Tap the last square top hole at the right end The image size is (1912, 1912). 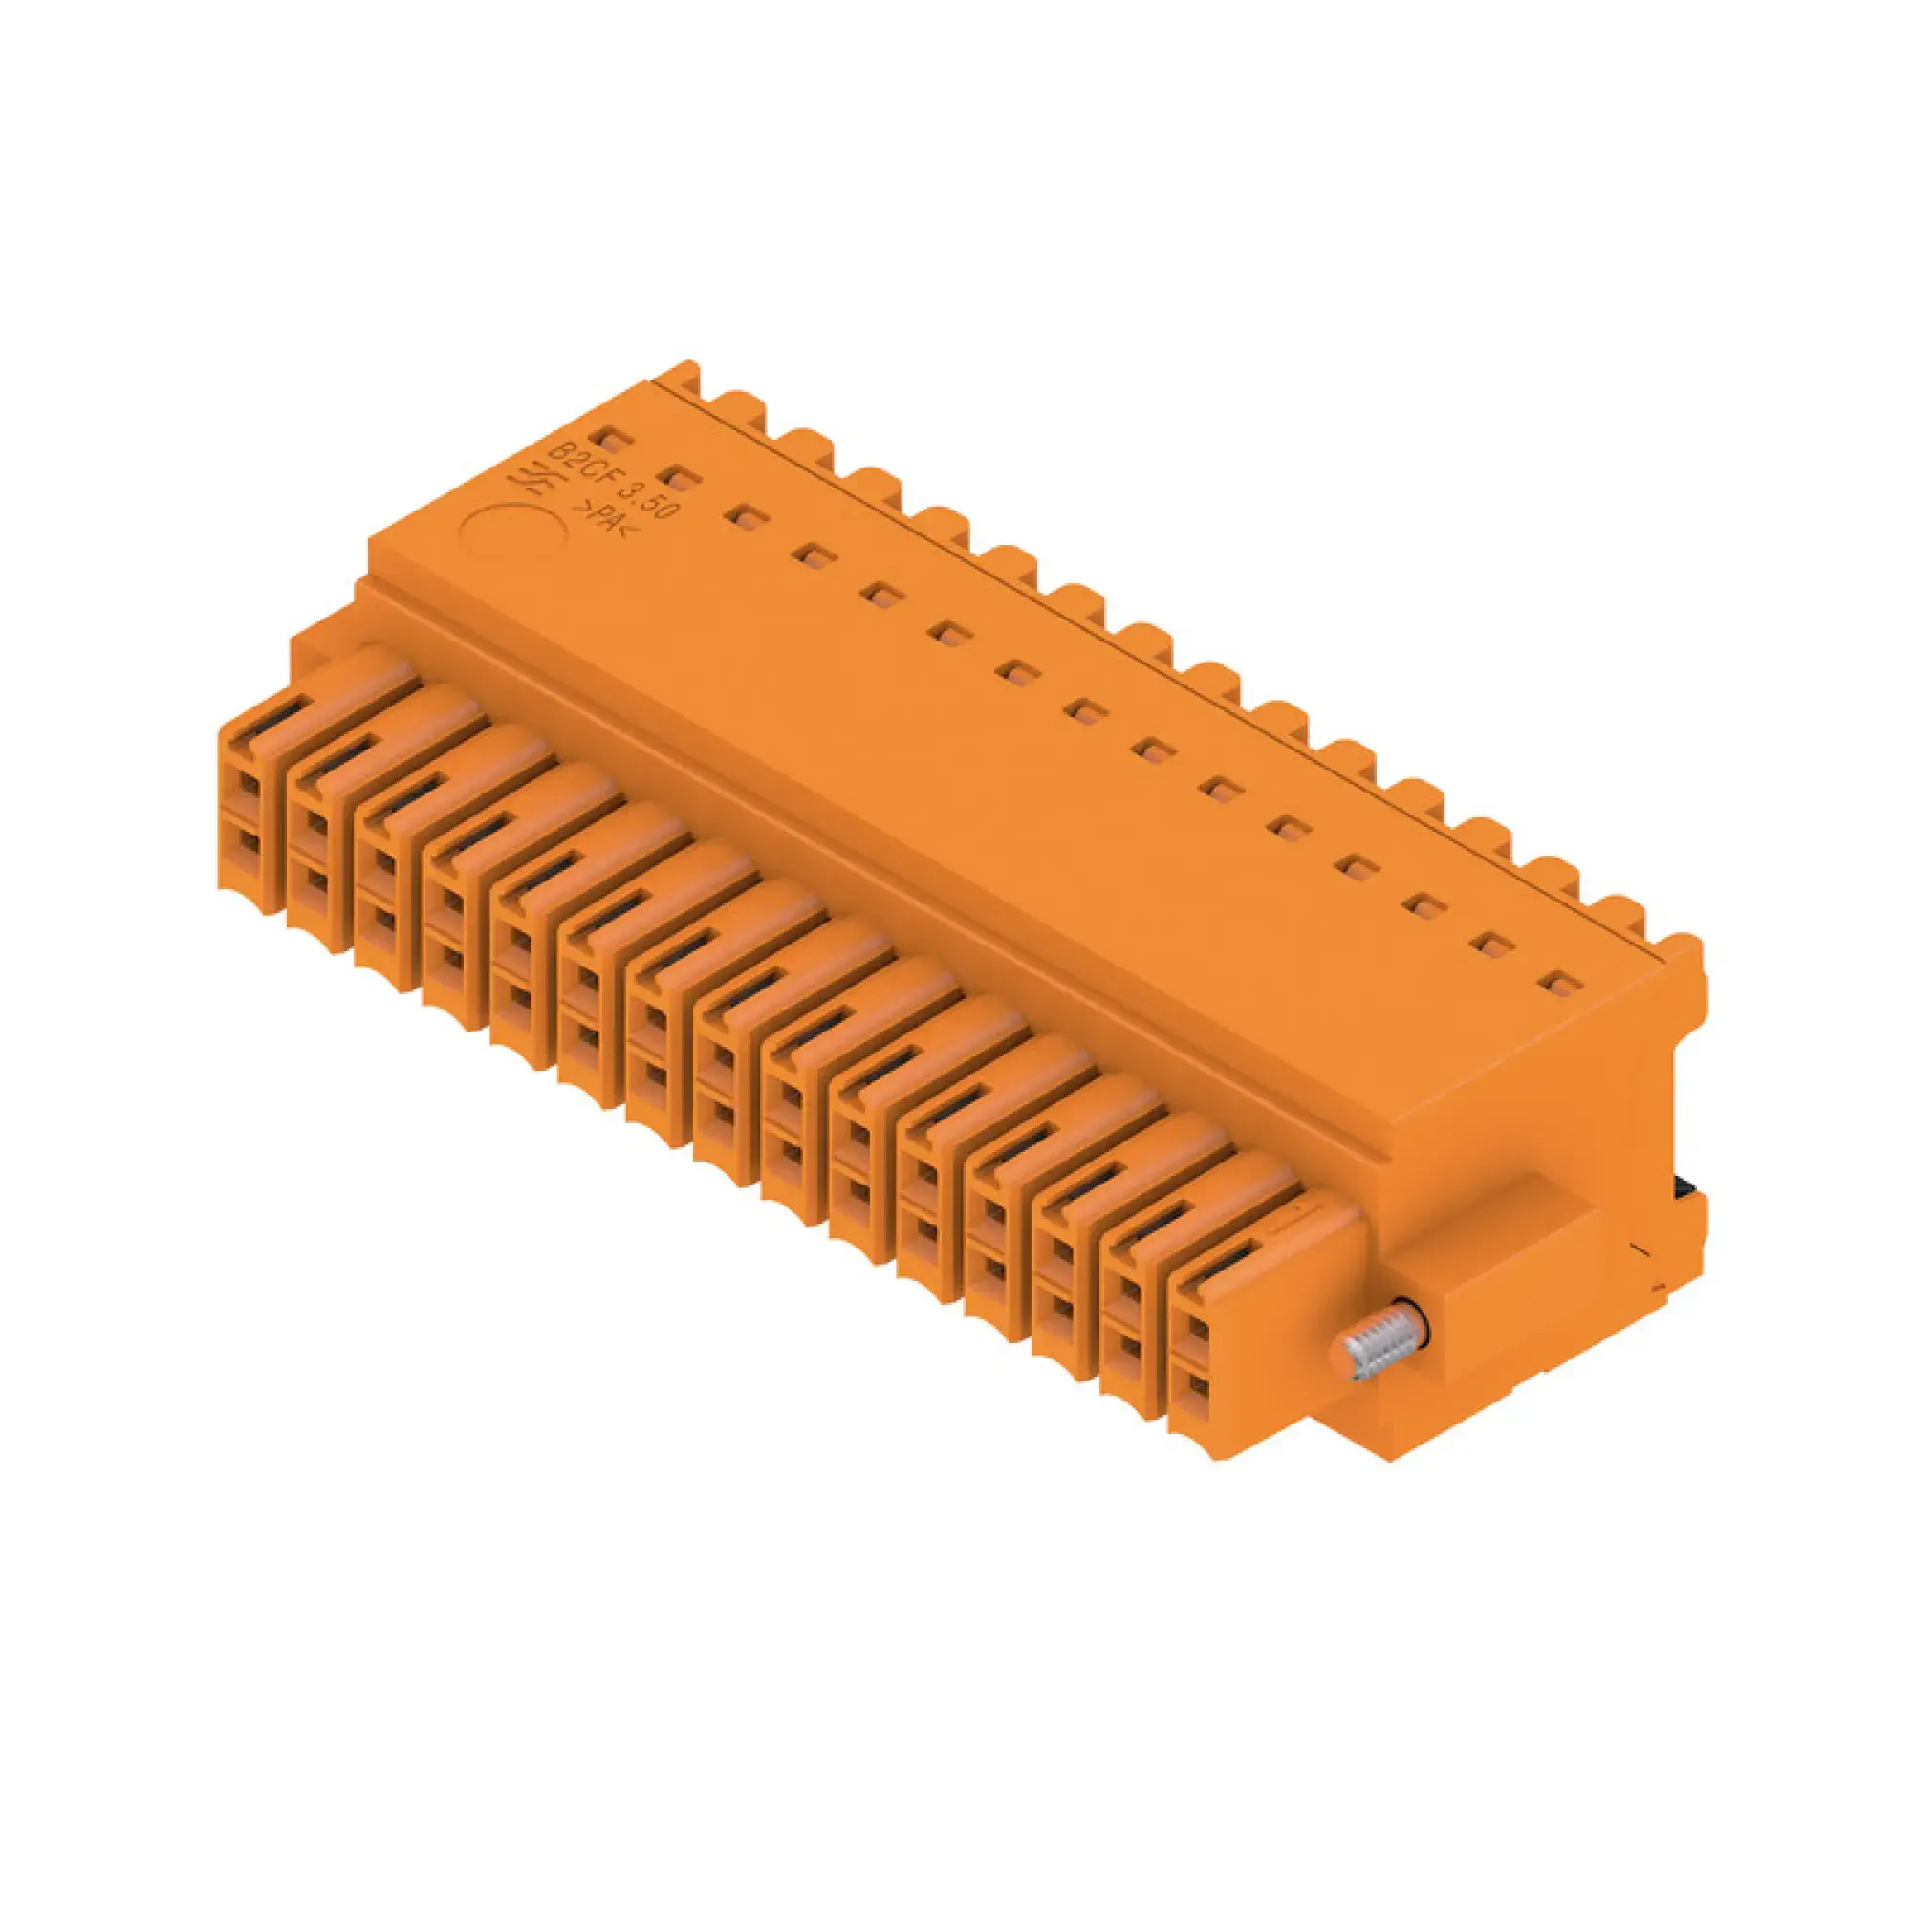[x=1562, y=985]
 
